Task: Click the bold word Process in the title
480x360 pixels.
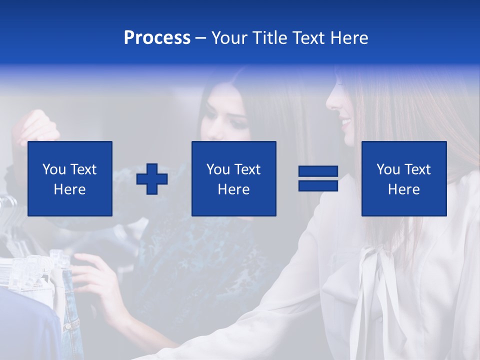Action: [x=157, y=38]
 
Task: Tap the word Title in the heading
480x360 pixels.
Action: [x=270, y=38]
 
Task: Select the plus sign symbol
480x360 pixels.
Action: [x=152, y=179]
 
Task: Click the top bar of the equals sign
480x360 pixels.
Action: [x=318, y=171]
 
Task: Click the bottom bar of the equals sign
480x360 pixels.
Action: [x=318, y=185]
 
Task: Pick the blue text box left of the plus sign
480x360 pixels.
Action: [x=70, y=178]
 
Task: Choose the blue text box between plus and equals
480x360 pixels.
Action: [x=233, y=178]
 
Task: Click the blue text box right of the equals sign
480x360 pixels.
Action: [x=404, y=178]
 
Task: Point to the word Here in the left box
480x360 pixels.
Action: [x=69, y=189]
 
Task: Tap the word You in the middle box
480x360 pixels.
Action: [x=218, y=169]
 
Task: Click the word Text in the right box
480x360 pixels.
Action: [x=417, y=169]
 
